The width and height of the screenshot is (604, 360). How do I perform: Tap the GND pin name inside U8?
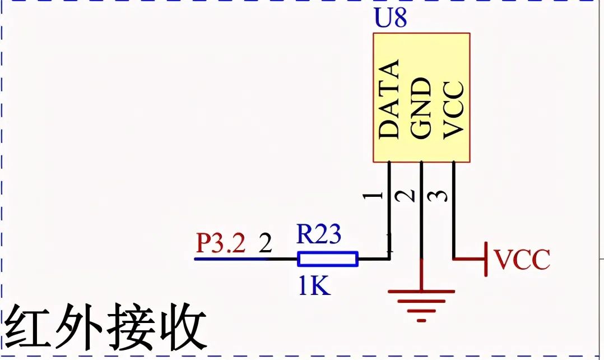click(421, 108)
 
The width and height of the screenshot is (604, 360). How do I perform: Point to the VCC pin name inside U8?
click(453, 109)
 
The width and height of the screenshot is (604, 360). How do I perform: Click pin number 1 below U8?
click(373, 196)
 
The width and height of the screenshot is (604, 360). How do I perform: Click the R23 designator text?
click(318, 234)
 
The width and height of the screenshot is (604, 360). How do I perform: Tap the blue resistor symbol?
click(327, 259)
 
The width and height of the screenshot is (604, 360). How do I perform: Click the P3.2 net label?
click(221, 244)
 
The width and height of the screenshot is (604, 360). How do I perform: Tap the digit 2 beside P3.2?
click(265, 244)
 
